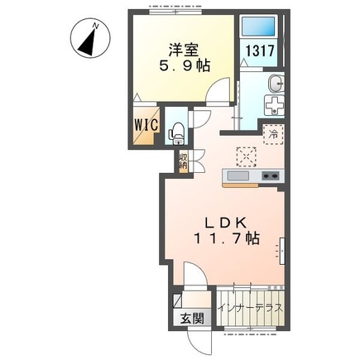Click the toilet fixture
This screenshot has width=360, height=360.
point(175,131)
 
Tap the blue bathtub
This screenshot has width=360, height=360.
point(258,26)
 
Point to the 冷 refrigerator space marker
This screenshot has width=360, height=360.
point(271,132)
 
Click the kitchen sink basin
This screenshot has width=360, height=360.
point(238,176)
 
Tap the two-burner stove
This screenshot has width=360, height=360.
point(271,176)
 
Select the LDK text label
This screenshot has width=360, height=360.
point(223,221)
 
